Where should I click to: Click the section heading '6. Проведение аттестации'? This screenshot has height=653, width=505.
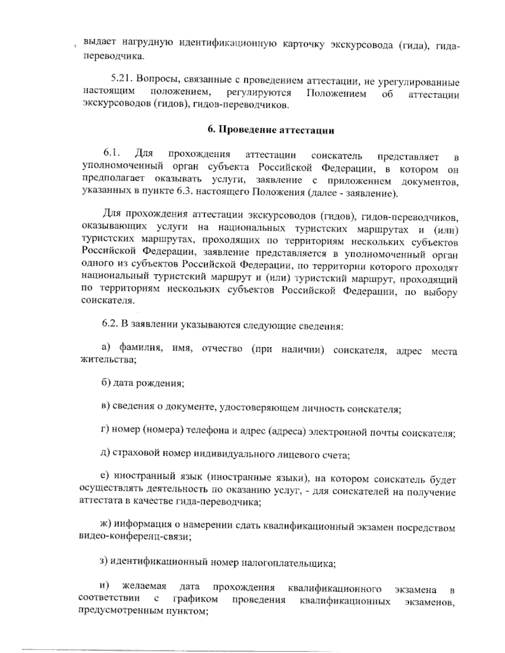pos(271,130)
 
